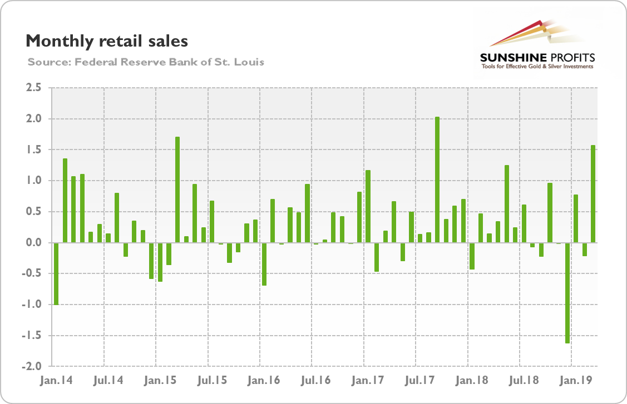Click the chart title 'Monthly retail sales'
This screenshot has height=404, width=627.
tap(107, 41)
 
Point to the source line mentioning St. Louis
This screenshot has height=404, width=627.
tap(145, 62)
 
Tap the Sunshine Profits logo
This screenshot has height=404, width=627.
tap(537, 47)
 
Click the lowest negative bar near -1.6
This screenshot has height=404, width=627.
tap(567, 293)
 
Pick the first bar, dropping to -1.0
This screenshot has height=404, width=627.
tap(56, 273)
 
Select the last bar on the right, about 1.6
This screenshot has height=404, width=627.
tap(593, 194)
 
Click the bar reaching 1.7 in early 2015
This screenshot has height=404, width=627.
tap(177, 189)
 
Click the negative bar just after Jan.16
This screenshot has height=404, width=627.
tap(264, 264)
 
